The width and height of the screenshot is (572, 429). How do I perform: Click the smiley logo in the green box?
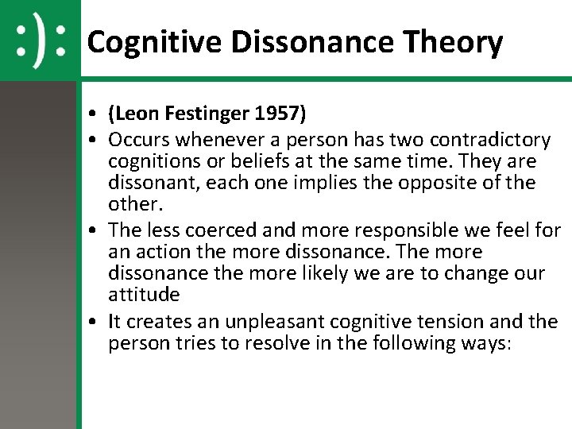tap(40, 40)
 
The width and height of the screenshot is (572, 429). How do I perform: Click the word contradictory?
tap(490, 141)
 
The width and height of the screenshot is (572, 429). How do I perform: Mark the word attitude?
tap(145, 295)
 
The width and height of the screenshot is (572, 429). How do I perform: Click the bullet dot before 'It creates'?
tap(94, 323)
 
